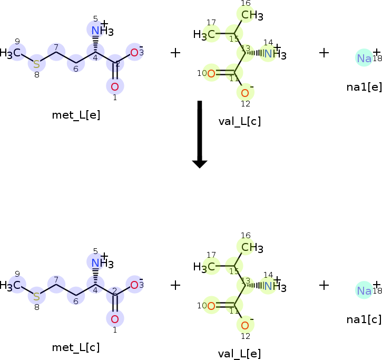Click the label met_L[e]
coord(76,114)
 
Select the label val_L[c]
coord(239,121)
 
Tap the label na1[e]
coord(364,86)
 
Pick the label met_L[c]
coord(76,347)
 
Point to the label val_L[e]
coord(239,354)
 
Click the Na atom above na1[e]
coord(364,58)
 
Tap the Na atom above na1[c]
coord(364,290)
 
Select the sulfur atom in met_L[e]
coord(36,64)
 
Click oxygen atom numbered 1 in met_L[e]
coord(115,86)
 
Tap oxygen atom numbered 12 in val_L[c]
coord(245,93)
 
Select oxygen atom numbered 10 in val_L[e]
coord(211,306)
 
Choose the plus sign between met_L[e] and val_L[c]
coord(175,52)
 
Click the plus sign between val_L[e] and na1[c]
coord(324,285)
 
